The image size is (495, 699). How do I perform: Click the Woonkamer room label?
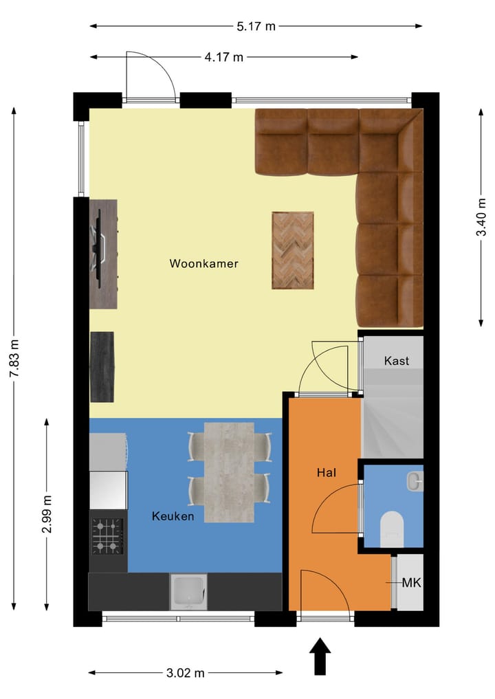tap(203, 263)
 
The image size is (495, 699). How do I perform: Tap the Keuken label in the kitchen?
tap(173, 516)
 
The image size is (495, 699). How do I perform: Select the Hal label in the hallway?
tap(326, 473)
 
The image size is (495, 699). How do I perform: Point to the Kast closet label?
tap(397, 360)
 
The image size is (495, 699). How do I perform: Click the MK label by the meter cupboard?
tap(411, 583)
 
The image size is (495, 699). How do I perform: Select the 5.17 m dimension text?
tap(256, 27)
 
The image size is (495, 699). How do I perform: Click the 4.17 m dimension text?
tap(223, 57)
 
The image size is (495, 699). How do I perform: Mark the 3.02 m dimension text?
tap(185, 672)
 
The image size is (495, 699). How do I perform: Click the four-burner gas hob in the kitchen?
tap(108, 536)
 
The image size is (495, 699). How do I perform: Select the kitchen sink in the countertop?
tap(189, 592)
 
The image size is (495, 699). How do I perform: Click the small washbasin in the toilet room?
tap(415, 482)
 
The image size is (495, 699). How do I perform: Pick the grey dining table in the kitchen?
tap(229, 471)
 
